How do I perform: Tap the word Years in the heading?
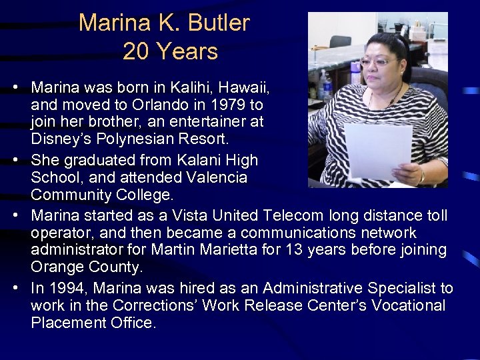pos(189,52)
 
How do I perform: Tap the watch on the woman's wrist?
pos(421,177)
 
